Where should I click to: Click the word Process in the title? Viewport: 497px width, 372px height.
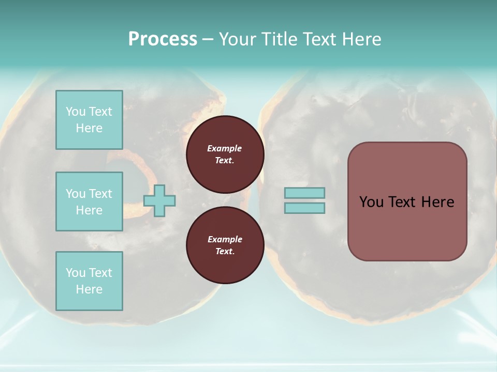tap(163, 39)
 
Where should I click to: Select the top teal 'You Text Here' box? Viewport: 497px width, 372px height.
tap(89, 120)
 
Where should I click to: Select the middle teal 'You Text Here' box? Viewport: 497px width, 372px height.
tap(89, 202)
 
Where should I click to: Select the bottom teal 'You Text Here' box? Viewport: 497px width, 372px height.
tap(89, 281)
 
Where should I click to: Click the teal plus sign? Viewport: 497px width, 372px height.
tap(159, 200)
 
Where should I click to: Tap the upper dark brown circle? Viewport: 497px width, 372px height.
tap(225, 154)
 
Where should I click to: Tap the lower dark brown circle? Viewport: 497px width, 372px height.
tap(225, 245)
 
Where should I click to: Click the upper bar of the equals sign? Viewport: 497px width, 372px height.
tap(304, 193)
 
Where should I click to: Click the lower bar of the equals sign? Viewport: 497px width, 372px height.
tap(304, 208)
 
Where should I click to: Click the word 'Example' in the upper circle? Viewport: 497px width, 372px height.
tap(225, 148)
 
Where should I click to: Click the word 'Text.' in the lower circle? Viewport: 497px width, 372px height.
tap(225, 252)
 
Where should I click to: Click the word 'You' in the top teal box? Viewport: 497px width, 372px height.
tap(75, 112)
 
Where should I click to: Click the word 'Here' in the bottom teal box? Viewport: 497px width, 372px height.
tap(89, 289)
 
